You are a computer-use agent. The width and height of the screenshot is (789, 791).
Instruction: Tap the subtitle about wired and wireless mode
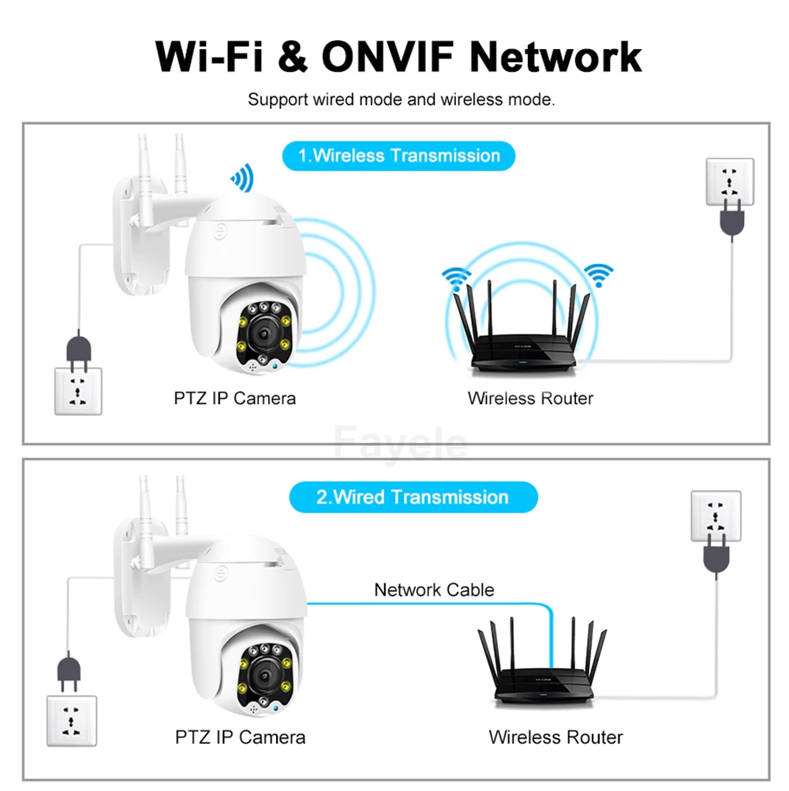click(402, 100)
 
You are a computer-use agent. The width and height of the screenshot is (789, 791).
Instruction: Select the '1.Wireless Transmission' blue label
click(398, 156)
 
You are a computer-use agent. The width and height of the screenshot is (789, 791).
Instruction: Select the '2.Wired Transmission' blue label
click(413, 497)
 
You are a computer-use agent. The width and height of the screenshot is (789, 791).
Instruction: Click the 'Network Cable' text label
click(434, 590)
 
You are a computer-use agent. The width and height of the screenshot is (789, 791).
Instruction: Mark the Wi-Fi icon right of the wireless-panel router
click(599, 276)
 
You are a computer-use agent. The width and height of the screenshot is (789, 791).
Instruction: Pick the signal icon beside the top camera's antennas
click(240, 178)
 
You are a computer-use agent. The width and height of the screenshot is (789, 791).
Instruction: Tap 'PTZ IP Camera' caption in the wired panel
click(240, 737)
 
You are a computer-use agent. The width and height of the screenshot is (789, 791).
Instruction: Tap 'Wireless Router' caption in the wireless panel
click(530, 399)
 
